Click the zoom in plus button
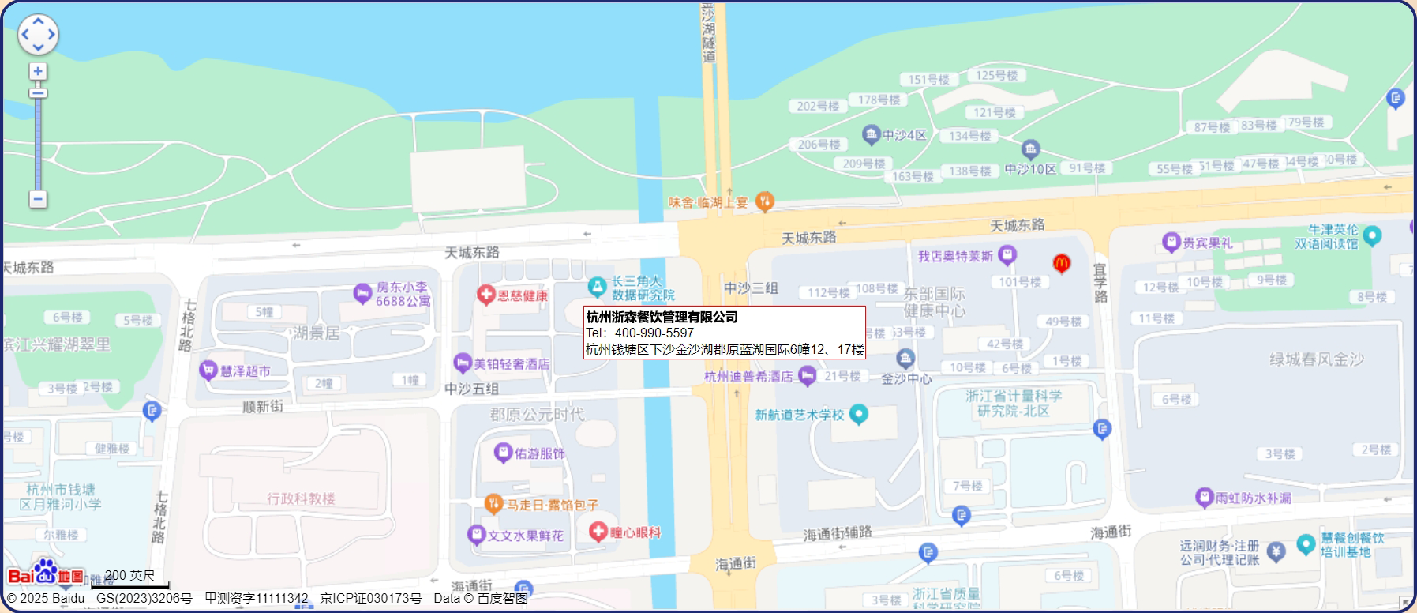pyautogui.click(x=38, y=72)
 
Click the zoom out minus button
pyautogui.click(x=38, y=198)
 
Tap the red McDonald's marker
pyautogui.click(x=1062, y=263)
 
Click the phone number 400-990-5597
pyautogui.click(x=654, y=333)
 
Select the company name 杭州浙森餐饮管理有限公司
pyautogui.click(x=662, y=317)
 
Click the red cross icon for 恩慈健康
pyautogui.click(x=486, y=295)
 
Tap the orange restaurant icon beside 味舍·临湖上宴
pyautogui.click(x=764, y=201)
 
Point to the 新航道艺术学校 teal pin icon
pyautogui.click(x=859, y=414)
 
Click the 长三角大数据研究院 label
pyautogui.click(x=643, y=288)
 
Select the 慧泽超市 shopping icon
pyautogui.click(x=208, y=370)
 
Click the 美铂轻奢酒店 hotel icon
pyautogui.click(x=463, y=363)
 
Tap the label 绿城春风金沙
pyautogui.click(x=1316, y=359)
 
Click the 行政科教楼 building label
pyautogui.click(x=301, y=498)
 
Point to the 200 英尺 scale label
pyautogui.click(x=130, y=575)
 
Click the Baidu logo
pyautogui.click(x=46, y=574)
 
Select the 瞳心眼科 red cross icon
pyautogui.click(x=598, y=532)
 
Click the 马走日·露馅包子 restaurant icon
pyautogui.click(x=493, y=503)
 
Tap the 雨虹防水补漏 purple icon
pyautogui.click(x=1204, y=497)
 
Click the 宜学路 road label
pyautogui.click(x=1100, y=283)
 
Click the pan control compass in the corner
pyautogui.click(x=38, y=35)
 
